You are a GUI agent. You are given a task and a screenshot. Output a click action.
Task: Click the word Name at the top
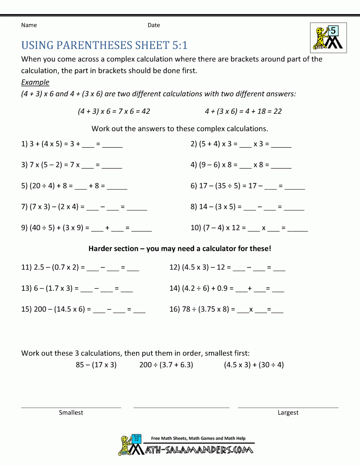(x=29, y=25)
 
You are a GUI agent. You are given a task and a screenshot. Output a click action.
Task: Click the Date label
(x=154, y=25)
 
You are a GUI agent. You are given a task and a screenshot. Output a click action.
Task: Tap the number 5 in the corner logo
(x=333, y=31)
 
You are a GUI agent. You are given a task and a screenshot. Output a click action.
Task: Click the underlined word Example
(x=35, y=82)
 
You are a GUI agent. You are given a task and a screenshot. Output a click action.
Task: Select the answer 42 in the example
(x=146, y=111)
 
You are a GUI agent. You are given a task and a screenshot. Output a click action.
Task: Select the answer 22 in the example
(x=278, y=111)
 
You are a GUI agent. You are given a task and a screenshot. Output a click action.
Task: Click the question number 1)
(x=24, y=144)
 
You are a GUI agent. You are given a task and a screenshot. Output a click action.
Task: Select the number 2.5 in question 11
(x=39, y=267)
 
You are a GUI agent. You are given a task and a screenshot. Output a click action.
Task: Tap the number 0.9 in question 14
(x=222, y=288)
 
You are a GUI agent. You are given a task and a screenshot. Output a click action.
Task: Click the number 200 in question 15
(x=40, y=309)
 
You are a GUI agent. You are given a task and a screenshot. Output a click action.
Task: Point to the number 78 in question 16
(x=186, y=309)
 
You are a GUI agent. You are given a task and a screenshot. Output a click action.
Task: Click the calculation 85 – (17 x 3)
(x=96, y=365)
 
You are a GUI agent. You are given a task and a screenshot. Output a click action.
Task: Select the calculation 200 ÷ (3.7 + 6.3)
(x=166, y=365)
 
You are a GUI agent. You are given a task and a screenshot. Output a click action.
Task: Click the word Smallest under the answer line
(x=71, y=413)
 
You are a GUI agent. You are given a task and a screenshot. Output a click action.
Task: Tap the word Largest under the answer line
(x=288, y=413)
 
